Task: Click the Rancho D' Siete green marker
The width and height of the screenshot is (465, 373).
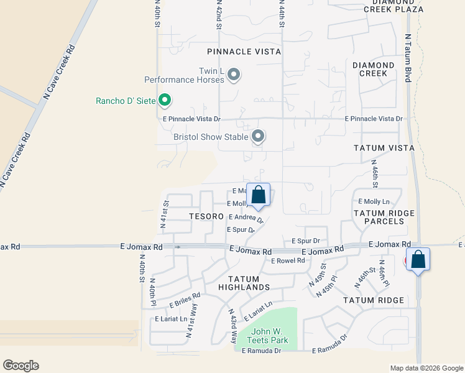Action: click(x=165, y=99)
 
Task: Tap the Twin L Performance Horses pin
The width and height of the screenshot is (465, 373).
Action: click(x=234, y=75)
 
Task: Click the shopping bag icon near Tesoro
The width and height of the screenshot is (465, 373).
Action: click(x=259, y=195)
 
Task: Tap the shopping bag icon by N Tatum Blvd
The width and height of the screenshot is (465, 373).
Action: click(x=418, y=259)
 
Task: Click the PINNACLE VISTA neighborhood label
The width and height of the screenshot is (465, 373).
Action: click(x=244, y=52)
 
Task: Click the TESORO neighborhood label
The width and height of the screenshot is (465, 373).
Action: click(x=206, y=216)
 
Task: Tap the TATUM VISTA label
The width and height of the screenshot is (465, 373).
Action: click(x=384, y=148)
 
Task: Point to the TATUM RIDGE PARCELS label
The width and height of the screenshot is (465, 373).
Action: click(x=384, y=218)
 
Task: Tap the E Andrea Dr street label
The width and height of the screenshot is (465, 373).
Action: click(x=246, y=218)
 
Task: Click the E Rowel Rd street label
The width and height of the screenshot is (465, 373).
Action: click(x=288, y=260)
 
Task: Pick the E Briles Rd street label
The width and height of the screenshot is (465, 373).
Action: click(x=185, y=301)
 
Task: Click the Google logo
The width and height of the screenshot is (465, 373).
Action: click(x=21, y=366)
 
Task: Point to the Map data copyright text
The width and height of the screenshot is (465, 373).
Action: click(x=426, y=368)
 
